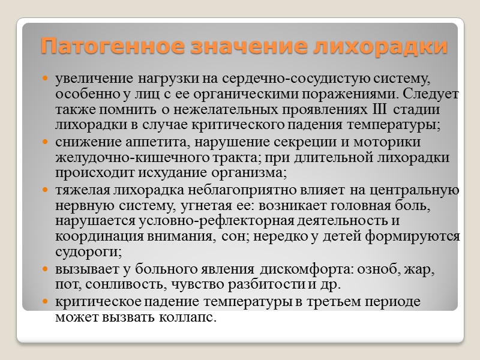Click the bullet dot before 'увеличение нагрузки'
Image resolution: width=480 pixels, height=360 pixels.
(x=46, y=79)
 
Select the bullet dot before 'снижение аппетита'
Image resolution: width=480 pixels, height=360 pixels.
(x=46, y=143)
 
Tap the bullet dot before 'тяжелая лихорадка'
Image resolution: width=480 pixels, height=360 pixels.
(x=46, y=191)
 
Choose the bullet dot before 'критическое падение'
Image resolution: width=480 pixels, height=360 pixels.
(x=46, y=302)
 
